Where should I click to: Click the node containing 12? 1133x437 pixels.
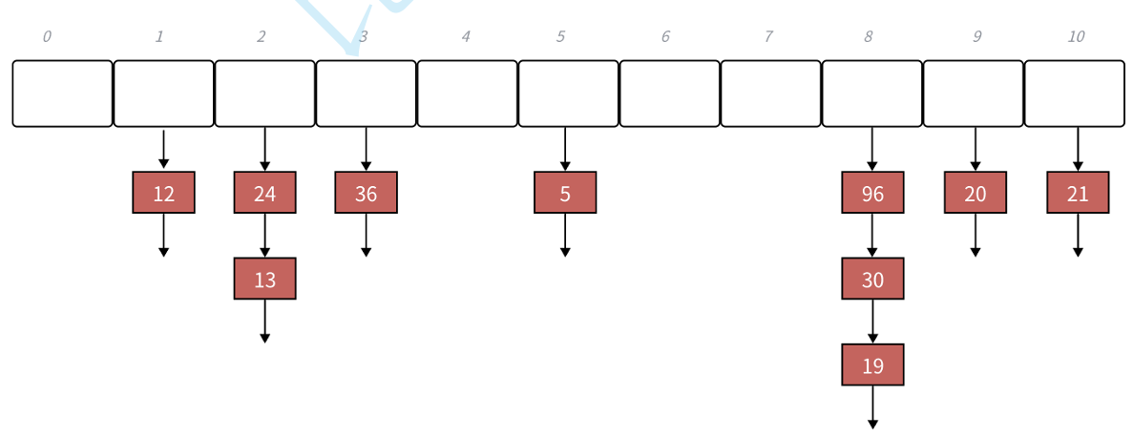click(x=163, y=193)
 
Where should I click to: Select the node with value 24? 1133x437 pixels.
click(x=264, y=193)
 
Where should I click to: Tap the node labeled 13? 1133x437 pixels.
click(x=264, y=279)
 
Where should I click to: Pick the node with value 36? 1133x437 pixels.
click(x=366, y=193)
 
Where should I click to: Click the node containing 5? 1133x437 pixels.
click(x=565, y=193)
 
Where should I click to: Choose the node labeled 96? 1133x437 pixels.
click(x=872, y=193)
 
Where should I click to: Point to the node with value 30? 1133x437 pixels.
click(x=872, y=279)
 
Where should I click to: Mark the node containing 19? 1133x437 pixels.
click(x=872, y=364)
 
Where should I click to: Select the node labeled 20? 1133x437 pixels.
click(x=975, y=193)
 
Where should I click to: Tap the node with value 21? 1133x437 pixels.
click(x=1078, y=193)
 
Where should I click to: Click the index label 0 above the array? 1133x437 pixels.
click(x=47, y=37)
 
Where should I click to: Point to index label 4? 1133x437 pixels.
click(x=466, y=37)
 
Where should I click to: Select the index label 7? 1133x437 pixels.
click(x=767, y=37)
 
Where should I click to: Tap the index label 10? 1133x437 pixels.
click(x=1076, y=37)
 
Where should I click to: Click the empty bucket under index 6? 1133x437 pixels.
click(x=669, y=94)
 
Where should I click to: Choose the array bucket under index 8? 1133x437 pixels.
click(x=871, y=94)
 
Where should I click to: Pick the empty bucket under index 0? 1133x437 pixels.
click(x=62, y=94)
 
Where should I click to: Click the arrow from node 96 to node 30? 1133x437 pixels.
click(x=872, y=235)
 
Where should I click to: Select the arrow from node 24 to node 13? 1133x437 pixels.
click(x=264, y=235)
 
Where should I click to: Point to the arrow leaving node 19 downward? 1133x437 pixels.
click(x=872, y=406)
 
